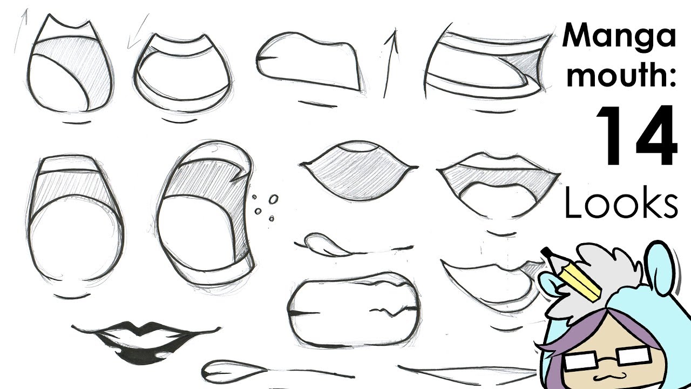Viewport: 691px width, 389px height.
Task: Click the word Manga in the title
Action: [x=619, y=37]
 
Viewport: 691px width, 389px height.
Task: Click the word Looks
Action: [x=621, y=204]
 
